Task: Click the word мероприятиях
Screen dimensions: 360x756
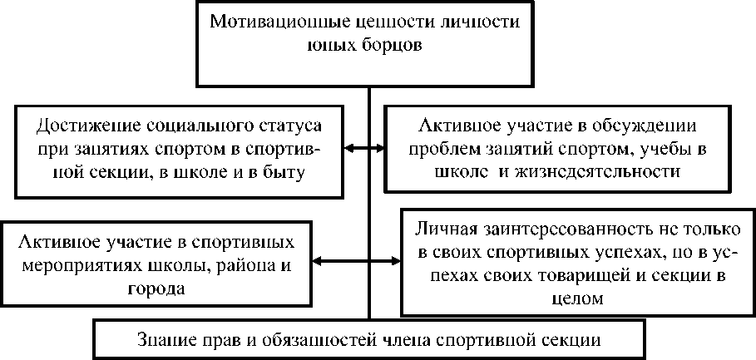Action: tap(74, 267)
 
